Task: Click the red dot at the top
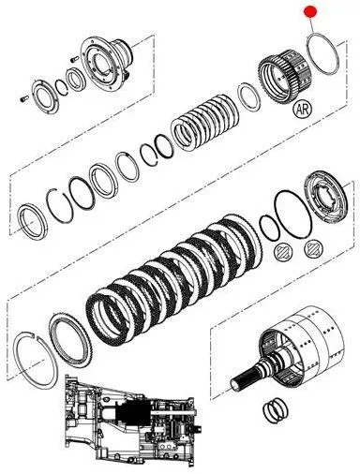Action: tap(310, 11)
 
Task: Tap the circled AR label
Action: tap(303, 109)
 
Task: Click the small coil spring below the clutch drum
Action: tap(275, 409)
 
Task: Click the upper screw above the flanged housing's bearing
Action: tap(74, 59)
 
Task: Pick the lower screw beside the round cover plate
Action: tap(24, 98)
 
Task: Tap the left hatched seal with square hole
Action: tap(284, 251)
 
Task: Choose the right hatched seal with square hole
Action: tap(314, 249)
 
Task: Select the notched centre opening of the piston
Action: tap(326, 199)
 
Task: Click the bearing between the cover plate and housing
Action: tap(76, 81)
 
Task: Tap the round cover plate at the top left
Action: tap(46, 96)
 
